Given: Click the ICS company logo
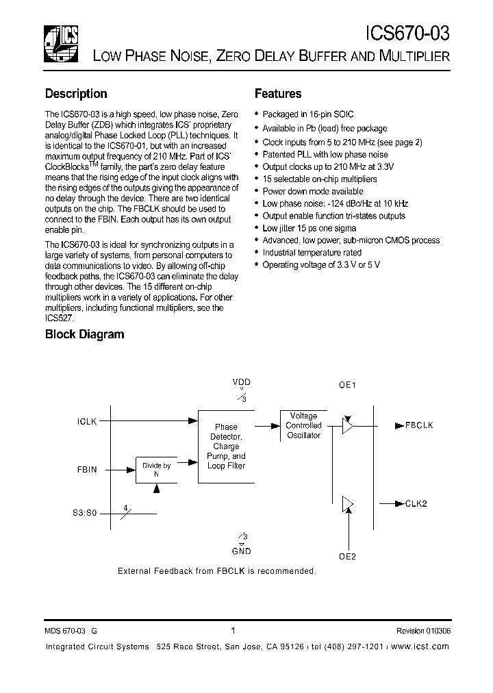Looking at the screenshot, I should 60,40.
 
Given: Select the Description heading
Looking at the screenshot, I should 76,94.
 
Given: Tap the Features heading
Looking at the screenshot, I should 278,94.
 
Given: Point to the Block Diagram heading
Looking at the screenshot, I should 84,334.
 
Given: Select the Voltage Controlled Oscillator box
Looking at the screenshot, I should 303,425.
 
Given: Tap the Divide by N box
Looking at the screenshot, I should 157,470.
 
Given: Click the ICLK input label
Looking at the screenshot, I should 87,422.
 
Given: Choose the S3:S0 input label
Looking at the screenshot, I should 85,512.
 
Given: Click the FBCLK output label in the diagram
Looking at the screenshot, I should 419,425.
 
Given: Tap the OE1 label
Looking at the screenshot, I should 348,386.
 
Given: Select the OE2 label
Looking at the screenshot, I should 348,556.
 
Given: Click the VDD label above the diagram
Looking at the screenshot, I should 242,381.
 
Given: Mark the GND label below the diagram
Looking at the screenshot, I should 242,551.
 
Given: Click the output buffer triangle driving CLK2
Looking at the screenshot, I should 348,504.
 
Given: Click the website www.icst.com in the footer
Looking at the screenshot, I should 421,646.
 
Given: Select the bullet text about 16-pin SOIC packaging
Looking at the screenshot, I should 307,115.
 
